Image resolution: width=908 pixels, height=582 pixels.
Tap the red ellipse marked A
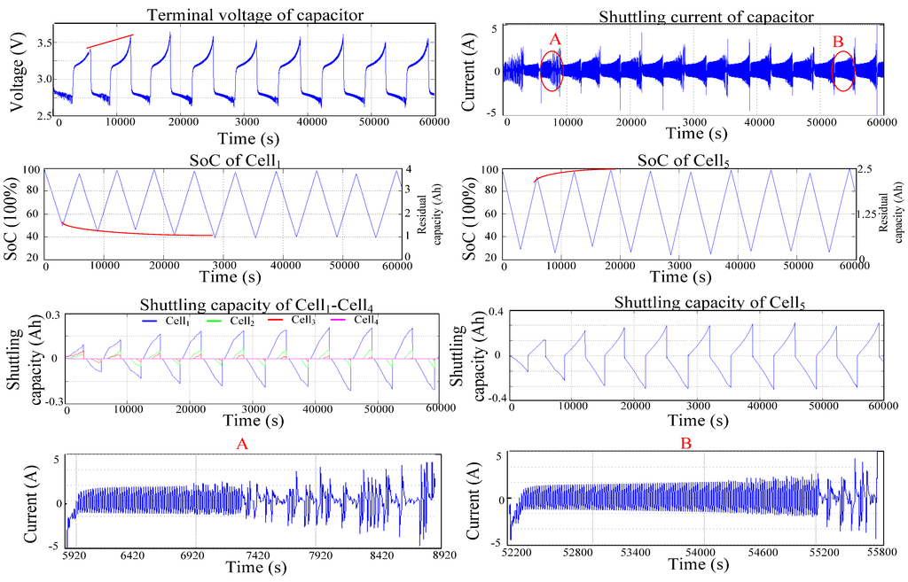click(x=551, y=70)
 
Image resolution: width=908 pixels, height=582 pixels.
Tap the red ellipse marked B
click(x=843, y=70)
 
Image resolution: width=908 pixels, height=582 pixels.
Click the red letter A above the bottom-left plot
click(x=241, y=442)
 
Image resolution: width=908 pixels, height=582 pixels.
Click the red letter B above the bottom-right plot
click(x=685, y=444)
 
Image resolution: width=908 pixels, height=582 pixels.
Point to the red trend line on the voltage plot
click(x=109, y=42)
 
